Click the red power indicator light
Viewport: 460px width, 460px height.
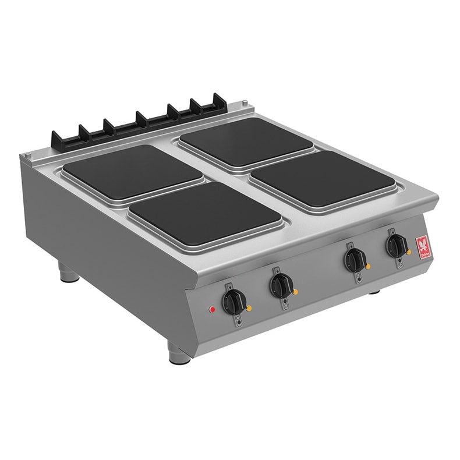[213, 309]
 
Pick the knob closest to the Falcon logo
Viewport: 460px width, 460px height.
[397, 246]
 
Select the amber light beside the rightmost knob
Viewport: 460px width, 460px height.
[409, 252]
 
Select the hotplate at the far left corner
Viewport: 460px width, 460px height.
[132, 171]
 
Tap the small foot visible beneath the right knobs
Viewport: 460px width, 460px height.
[374, 291]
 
